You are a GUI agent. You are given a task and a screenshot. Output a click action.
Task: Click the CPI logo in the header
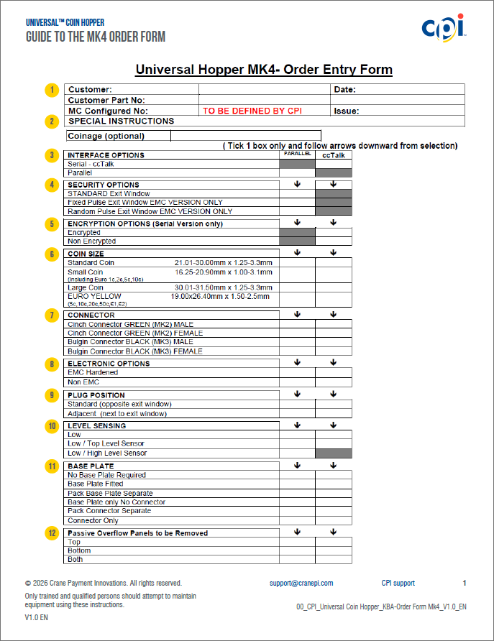tap(444, 27)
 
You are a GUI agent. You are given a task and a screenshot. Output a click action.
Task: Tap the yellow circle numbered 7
tap(52, 315)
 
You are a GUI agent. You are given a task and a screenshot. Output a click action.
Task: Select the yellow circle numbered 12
tap(52, 533)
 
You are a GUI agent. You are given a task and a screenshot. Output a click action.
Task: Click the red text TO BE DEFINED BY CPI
tap(253, 111)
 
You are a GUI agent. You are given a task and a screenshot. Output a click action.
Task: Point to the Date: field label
tap(345, 90)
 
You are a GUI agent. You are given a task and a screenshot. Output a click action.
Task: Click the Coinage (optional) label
tap(106, 136)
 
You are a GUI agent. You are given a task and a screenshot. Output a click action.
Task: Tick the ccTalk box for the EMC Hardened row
tap(334, 373)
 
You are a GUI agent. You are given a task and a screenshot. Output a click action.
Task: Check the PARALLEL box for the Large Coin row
tap(297, 287)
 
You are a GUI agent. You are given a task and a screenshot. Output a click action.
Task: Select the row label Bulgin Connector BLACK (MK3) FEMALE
tap(134, 351)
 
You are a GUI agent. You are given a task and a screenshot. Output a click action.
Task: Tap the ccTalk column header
tap(334, 155)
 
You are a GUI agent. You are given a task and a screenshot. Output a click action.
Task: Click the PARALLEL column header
tap(297, 153)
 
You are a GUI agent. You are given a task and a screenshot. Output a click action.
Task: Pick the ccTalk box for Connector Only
tap(334, 520)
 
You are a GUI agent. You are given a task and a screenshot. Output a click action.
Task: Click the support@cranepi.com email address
tap(301, 584)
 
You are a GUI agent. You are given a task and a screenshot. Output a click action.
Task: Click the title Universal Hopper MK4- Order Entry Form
tap(264, 70)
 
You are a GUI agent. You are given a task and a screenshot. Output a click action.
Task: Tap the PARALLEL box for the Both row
tap(297, 559)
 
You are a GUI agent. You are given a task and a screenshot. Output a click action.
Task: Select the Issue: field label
tap(346, 111)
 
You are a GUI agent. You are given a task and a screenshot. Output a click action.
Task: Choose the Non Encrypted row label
tap(91, 241)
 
